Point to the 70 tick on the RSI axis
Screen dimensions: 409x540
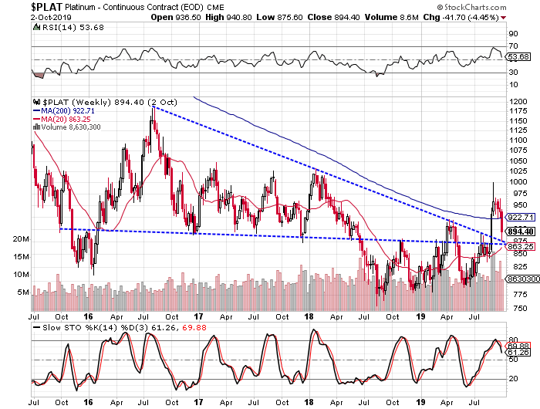pos(511,46)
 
